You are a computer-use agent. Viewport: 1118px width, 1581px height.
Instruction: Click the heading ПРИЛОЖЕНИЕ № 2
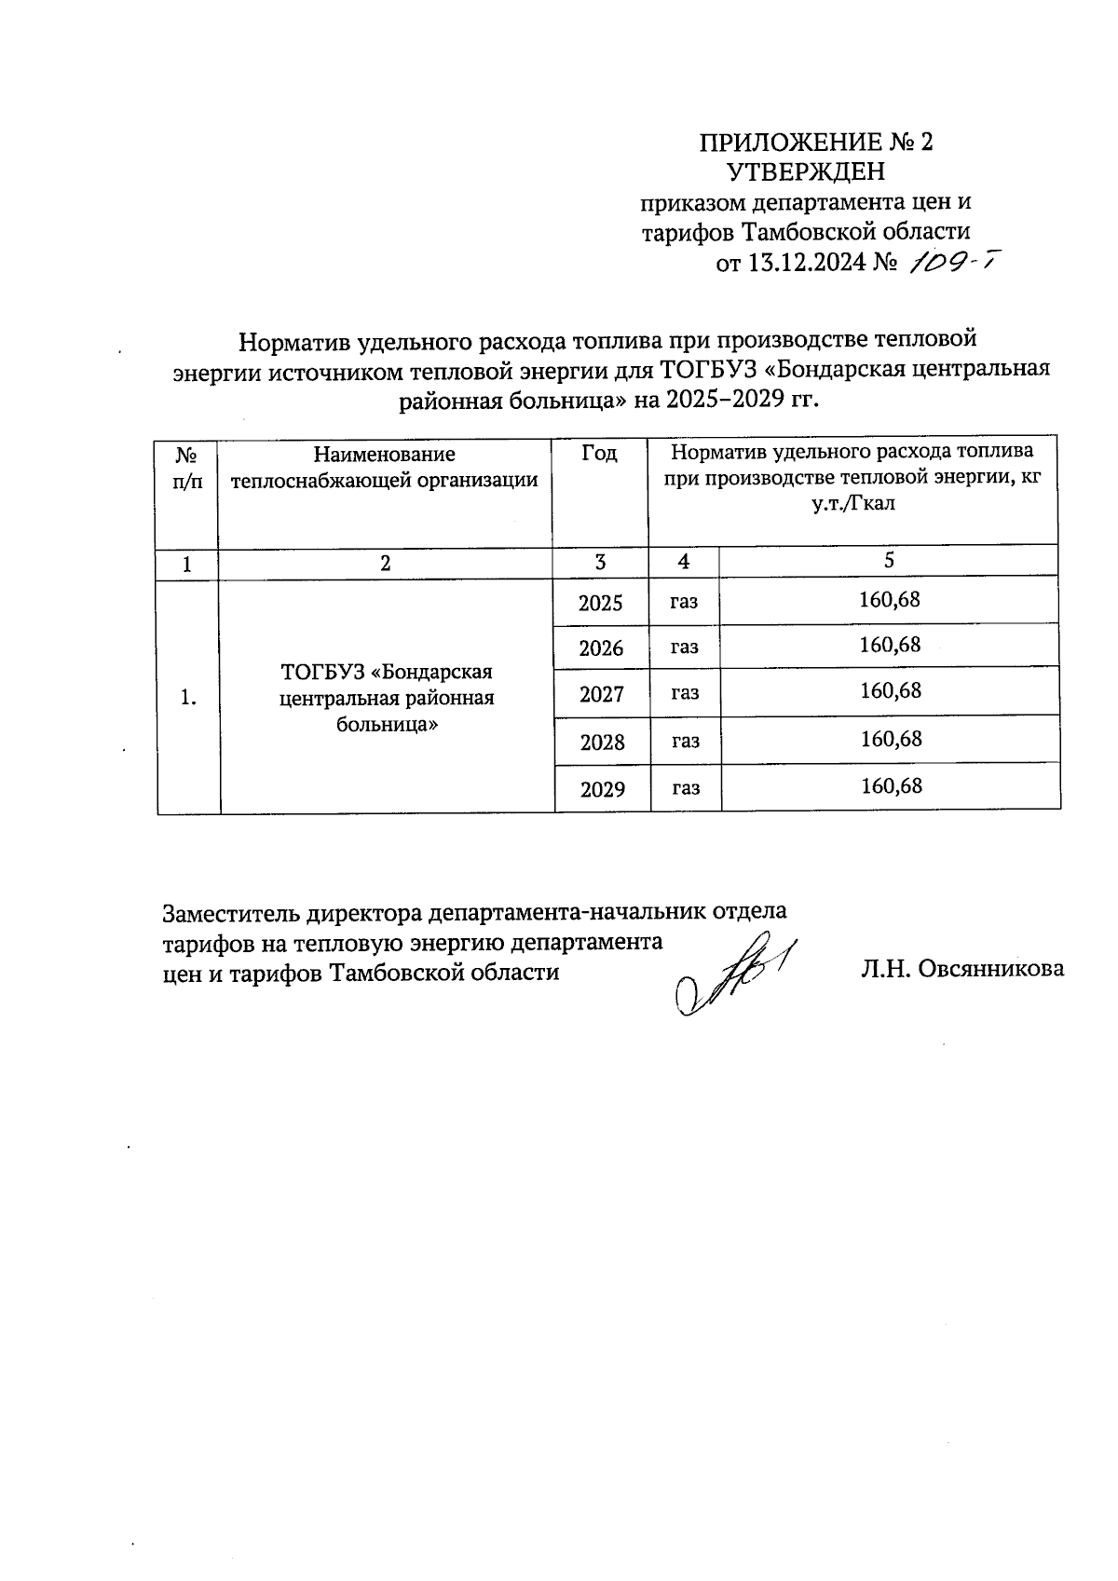815,142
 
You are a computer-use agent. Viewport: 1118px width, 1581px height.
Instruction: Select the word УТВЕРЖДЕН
807,172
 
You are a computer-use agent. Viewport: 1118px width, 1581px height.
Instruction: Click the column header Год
599,454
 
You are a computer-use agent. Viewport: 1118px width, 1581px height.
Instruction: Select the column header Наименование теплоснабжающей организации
384,467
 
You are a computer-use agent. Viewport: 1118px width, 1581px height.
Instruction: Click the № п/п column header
187,468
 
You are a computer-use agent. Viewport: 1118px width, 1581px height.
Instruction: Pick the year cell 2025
600,603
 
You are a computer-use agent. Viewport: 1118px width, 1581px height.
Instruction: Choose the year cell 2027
601,694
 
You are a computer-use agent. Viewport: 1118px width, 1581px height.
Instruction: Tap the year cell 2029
602,790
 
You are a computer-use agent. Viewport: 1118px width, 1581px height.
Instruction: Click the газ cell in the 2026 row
684,647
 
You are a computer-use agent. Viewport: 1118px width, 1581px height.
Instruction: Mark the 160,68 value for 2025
890,599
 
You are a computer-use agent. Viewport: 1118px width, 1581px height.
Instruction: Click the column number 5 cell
889,560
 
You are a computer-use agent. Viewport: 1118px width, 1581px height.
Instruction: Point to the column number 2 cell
386,563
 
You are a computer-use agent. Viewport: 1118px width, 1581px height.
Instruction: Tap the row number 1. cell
188,697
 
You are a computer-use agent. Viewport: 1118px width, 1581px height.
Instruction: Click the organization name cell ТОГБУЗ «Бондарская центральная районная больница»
387,697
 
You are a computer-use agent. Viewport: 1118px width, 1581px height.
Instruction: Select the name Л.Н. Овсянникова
962,969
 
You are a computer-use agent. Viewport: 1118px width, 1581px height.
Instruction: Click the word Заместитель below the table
222,911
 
